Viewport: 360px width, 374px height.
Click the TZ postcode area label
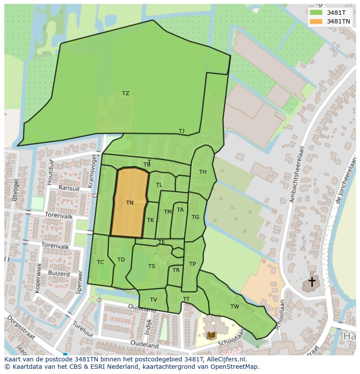pos(126,93)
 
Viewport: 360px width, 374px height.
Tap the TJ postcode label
pos(181,131)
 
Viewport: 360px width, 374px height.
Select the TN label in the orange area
pos(130,203)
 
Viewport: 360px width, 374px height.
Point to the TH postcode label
pos(203,172)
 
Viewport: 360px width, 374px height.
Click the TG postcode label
pos(195,217)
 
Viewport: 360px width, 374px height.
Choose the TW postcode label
pos(235,306)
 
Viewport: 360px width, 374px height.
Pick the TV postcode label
pos(153,300)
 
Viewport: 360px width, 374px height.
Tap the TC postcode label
pos(100,262)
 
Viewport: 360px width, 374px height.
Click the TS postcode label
pos(151,266)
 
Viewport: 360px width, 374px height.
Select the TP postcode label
pos(192,264)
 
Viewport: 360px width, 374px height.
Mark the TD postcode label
pos(121,260)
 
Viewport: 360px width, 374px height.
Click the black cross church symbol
pos(312,282)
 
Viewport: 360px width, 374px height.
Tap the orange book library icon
pos(211,335)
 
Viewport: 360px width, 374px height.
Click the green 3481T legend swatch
pos(317,13)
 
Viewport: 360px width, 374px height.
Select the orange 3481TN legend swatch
pos(317,21)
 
